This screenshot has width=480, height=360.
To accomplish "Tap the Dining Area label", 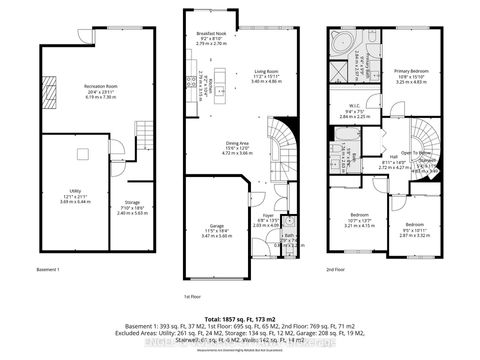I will [x=237, y=148].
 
